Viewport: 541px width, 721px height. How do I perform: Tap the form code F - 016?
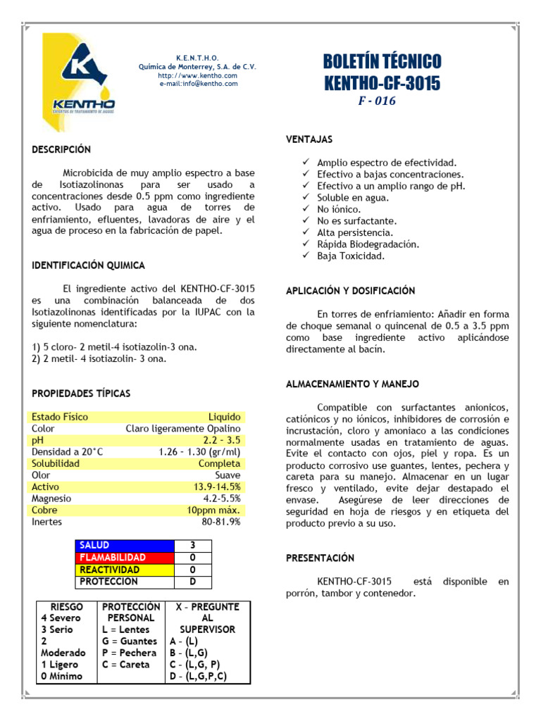[377, 101]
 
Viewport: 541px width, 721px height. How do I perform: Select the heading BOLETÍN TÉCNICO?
[382, 61]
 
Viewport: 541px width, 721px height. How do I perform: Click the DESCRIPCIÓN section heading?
[61, 149]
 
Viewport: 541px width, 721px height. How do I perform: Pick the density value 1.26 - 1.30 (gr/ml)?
[199, 452]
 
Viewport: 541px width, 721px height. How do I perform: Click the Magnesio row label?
[51, 499]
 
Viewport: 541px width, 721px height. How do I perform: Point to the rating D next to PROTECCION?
[192, 582]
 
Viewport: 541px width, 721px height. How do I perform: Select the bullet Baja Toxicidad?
[351, 256]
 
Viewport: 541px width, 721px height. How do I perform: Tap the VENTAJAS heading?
[309, 139]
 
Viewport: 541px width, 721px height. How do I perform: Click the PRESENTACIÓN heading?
[320, 558]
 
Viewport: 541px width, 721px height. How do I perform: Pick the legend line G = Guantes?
[130, 641]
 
